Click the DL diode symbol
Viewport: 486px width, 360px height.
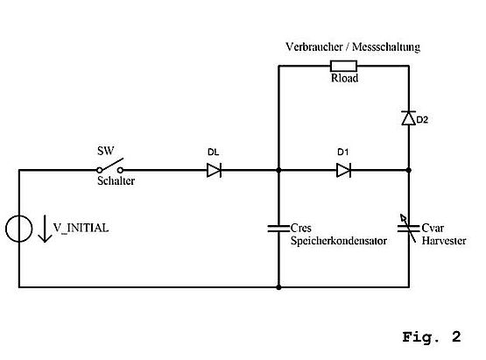(x=214, y=170)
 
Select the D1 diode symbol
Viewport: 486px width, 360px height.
(x=344, y=170)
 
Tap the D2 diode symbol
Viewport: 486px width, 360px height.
(x=409, y=118)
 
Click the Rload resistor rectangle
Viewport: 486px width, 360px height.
(x=344, y=66)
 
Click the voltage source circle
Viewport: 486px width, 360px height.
(x=19, y=229)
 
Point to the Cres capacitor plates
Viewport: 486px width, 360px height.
(x=278, y=229)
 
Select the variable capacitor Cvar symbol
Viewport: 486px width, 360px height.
(x=409, y=229)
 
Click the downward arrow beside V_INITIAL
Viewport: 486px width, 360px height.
(x=45, y=229)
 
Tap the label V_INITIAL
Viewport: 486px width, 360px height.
(x=81, y=228)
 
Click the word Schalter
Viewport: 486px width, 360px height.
(x=116, y=180)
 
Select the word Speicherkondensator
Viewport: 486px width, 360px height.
(x=339, y=241)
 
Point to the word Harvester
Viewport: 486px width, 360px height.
(x=444, y=241)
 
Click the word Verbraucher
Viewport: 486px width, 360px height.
(x=314, y=46)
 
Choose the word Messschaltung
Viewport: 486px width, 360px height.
(x=386, y=47)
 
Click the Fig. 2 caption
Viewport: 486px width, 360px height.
(x=432, y=337)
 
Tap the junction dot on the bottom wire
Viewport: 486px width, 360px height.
(x=278, y=287)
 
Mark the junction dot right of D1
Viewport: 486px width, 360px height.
(x=409, y=170)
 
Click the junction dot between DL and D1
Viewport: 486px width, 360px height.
(x=278, y=170)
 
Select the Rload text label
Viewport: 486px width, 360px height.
(x=345, y=78)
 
